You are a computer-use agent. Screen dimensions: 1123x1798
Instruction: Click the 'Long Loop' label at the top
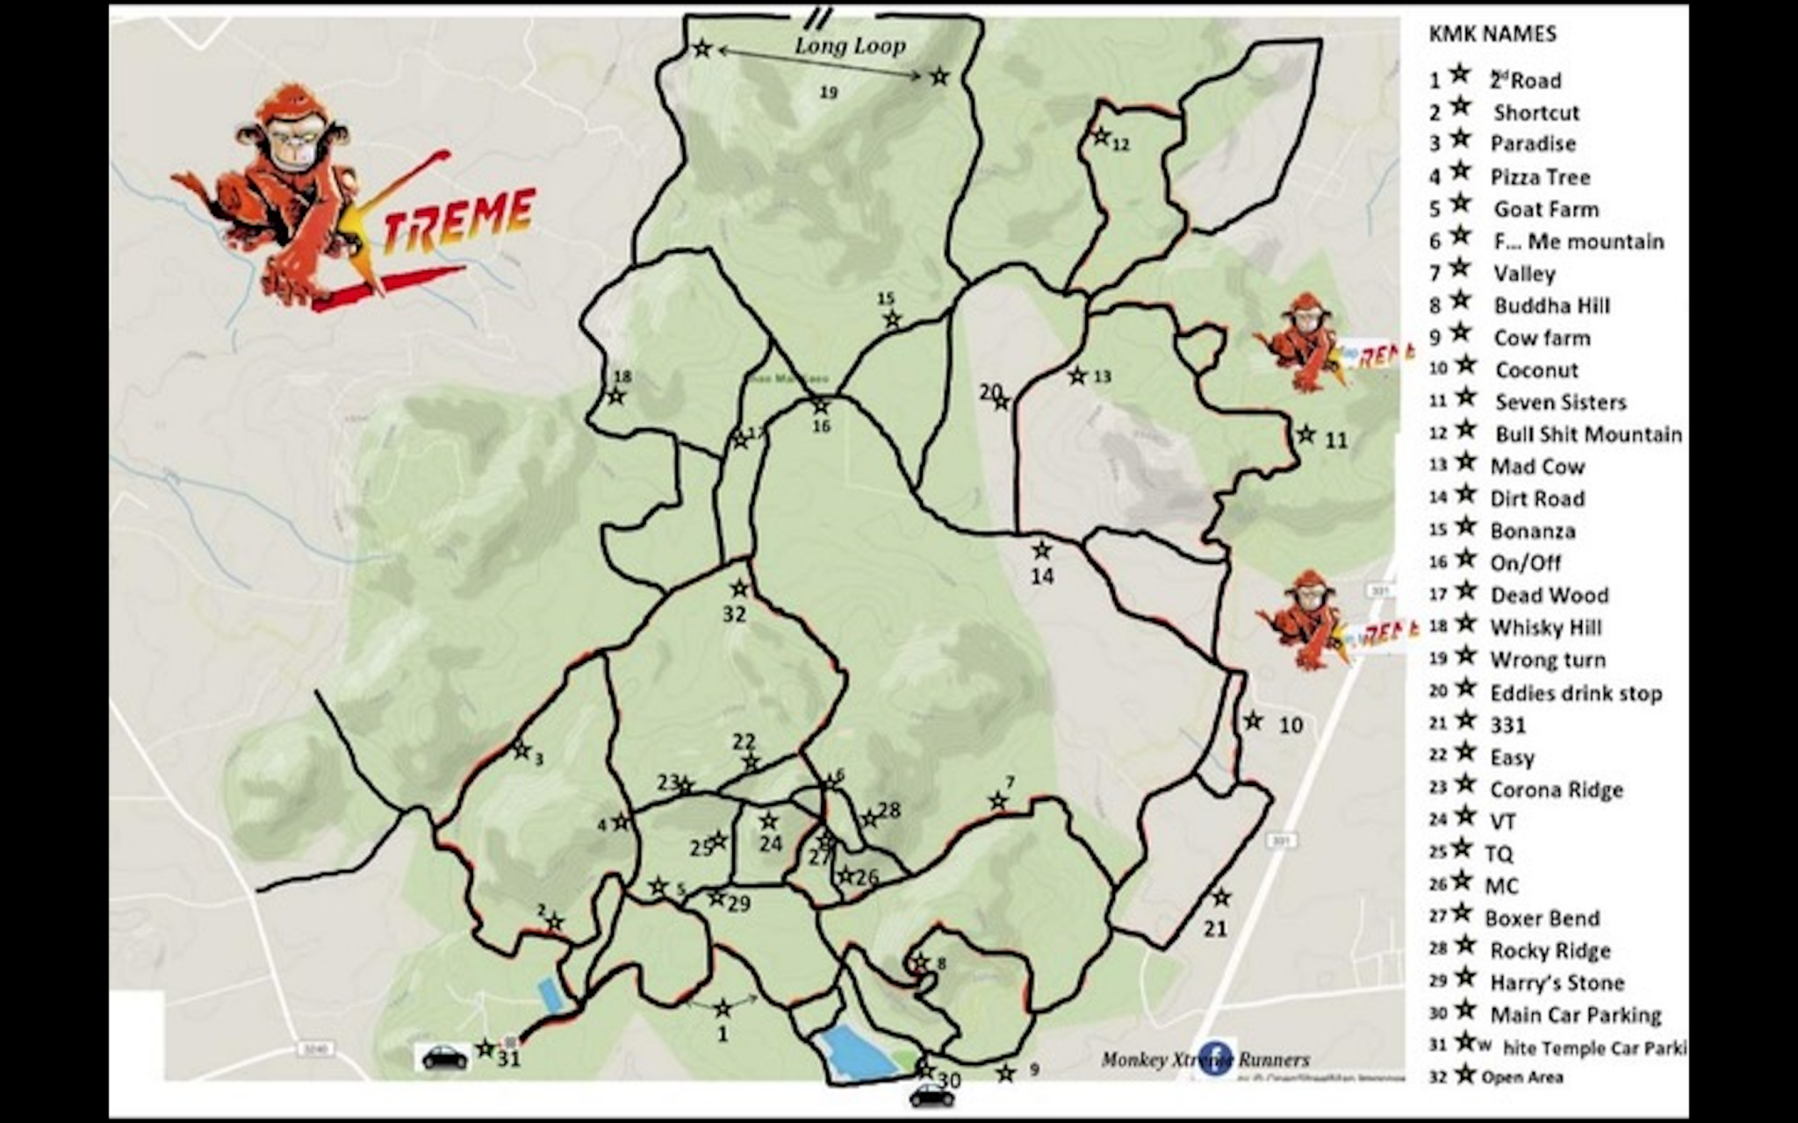click(850, 45)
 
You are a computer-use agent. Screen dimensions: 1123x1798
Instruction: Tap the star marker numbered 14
click(1042, 551)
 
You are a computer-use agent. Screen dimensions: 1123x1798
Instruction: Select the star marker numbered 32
click(740, 588)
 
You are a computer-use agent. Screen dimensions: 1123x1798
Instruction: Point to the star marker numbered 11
click(1306, 434)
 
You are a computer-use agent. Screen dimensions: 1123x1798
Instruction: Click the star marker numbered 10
click(1253, 721)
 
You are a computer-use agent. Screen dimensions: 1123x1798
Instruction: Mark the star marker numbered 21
click(1220, 898)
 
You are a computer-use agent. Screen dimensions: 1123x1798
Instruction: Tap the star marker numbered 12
click(1100, 137)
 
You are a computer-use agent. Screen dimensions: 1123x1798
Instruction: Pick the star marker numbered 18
click(616, 396)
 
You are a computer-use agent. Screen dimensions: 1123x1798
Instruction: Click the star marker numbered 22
click(750, 762)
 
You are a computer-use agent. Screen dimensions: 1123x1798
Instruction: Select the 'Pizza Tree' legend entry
click(1540, 177)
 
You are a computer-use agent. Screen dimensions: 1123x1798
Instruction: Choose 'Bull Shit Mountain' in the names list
click(1588, 434)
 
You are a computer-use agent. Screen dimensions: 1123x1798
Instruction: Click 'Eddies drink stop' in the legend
click(1576, 693)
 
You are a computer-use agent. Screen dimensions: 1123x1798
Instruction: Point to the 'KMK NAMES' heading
click(1492, 34)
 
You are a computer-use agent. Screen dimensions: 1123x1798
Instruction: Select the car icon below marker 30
click(931, 1095)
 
